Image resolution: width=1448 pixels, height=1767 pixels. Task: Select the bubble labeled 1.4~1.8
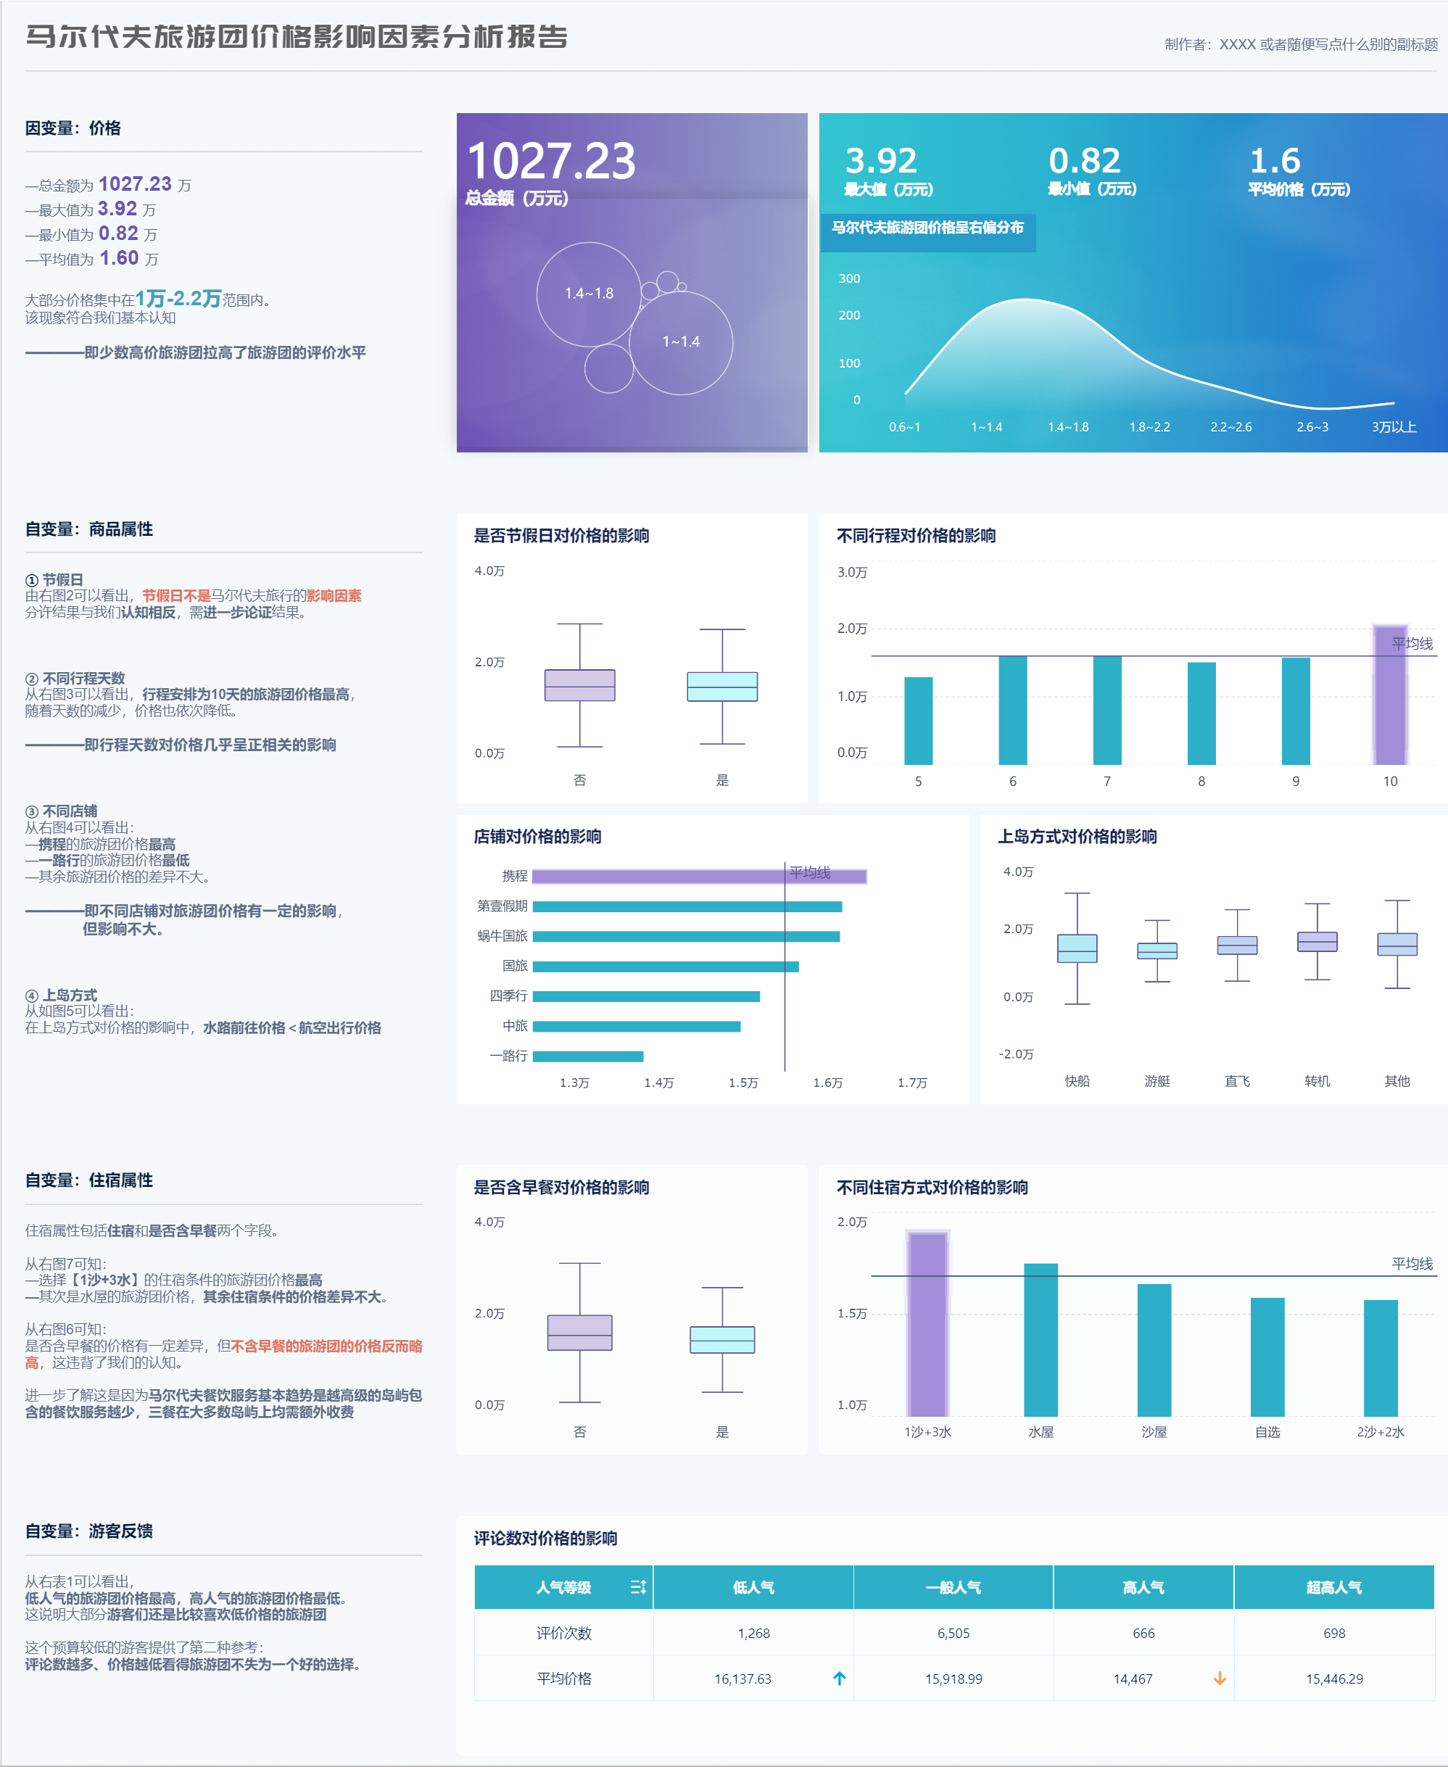(589, 294)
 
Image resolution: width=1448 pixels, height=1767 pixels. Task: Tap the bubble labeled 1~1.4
(681, 342)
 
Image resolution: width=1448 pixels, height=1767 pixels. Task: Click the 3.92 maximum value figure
(881, 160)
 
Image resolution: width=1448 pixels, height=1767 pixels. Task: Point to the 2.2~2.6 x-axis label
(1230, 427)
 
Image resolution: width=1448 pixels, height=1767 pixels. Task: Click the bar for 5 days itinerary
(919, 721)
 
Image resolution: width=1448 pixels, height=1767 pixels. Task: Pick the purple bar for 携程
(699, 876)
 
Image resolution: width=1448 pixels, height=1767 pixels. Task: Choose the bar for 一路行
(587, 1056)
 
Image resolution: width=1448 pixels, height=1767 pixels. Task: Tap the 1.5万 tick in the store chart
(743, 1083)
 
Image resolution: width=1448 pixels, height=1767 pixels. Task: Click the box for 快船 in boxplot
(1077, 948)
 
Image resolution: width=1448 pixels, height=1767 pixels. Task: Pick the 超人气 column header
(1333, 1587)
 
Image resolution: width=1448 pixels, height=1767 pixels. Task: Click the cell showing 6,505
(953, 1633)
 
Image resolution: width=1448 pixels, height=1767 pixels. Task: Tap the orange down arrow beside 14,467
(1220, 1678)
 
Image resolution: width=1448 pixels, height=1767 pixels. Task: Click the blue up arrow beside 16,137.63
(839, 1678)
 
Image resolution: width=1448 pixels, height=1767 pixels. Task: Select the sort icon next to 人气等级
(638, 1587)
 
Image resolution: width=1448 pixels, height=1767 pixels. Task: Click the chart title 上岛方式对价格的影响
(1077, 837)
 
